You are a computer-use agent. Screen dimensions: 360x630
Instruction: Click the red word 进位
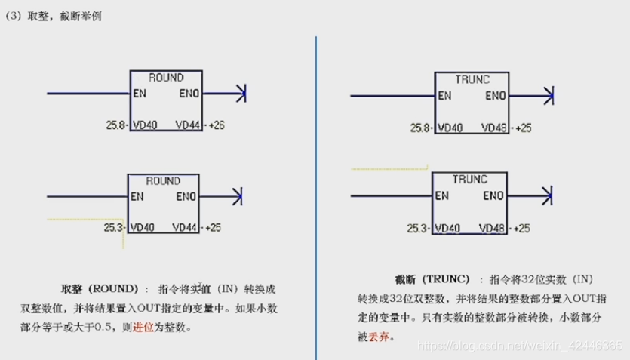coord(144,328)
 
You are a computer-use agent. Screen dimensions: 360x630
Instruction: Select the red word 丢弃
coord(379,336)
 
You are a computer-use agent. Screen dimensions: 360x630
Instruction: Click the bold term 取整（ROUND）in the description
coord(100,289)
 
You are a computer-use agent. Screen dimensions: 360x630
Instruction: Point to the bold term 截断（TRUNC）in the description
coord(432,278)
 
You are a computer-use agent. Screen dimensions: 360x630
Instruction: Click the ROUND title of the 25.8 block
coord(165,78)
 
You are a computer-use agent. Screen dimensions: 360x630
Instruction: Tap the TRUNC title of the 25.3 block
coord(470,180)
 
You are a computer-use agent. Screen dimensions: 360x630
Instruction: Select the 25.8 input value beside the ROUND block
coord(115,125)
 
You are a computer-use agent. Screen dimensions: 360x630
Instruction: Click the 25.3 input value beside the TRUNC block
coord(416,228)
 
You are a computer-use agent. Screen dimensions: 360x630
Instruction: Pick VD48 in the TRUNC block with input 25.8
coord(492,128)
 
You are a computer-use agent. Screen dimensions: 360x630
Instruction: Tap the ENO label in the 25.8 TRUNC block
coord(495,96)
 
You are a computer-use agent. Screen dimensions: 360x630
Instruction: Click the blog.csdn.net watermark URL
coord(520,345)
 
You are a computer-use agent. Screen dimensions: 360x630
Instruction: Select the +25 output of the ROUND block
coord(213,227)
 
